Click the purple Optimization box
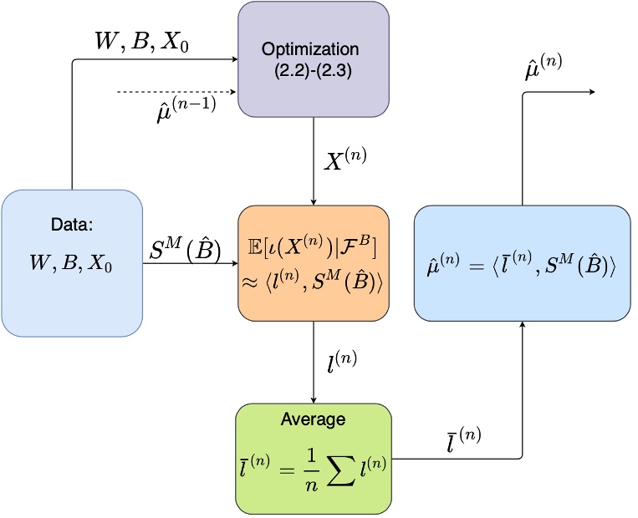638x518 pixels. (x=313, y=59)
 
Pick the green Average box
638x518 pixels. (x=314, y=458)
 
